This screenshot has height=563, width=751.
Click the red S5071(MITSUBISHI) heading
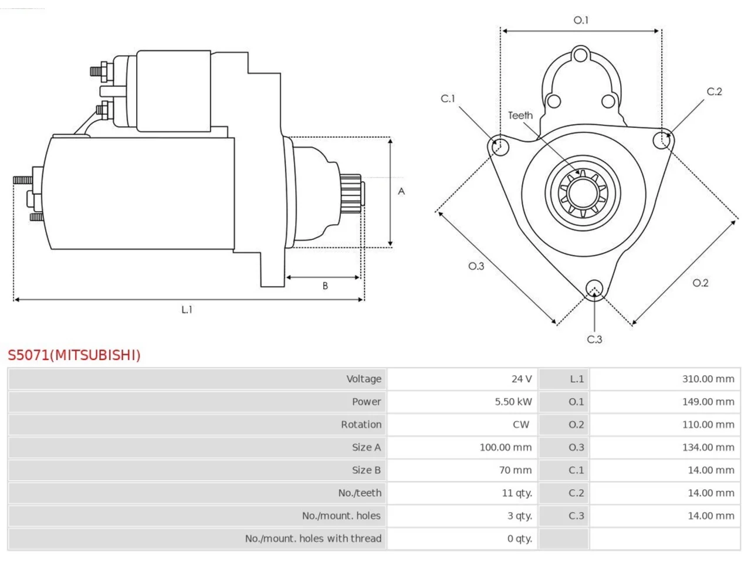(x=74, y=355)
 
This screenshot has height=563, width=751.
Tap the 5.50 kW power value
(x=513, y=402)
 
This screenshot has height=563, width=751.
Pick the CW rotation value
(x=521, y=425)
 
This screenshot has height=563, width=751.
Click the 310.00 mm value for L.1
(x=708, y=379)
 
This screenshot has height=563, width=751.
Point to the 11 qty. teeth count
(x=517, y=493)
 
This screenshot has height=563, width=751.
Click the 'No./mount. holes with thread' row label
(x=313, y=538)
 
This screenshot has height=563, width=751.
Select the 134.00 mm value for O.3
(x=708, y=447)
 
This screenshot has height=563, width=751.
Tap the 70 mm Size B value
(x=515, y=470)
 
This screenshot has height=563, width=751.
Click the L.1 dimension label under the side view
(x=187, y=310)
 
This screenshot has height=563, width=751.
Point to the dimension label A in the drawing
(x=401, y=191)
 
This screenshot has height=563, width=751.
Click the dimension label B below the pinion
(x=325, y=286)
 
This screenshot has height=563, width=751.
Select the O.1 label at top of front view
(x=581, y=20)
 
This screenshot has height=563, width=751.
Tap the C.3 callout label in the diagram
(x=594, y=340)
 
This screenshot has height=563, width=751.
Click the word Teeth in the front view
(x=520, y=116)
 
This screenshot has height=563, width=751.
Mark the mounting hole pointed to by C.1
(x=500, y=147)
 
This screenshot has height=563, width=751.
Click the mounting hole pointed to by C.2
(x=662, y=140)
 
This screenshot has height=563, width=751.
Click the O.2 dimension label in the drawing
(x=701, y=283)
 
